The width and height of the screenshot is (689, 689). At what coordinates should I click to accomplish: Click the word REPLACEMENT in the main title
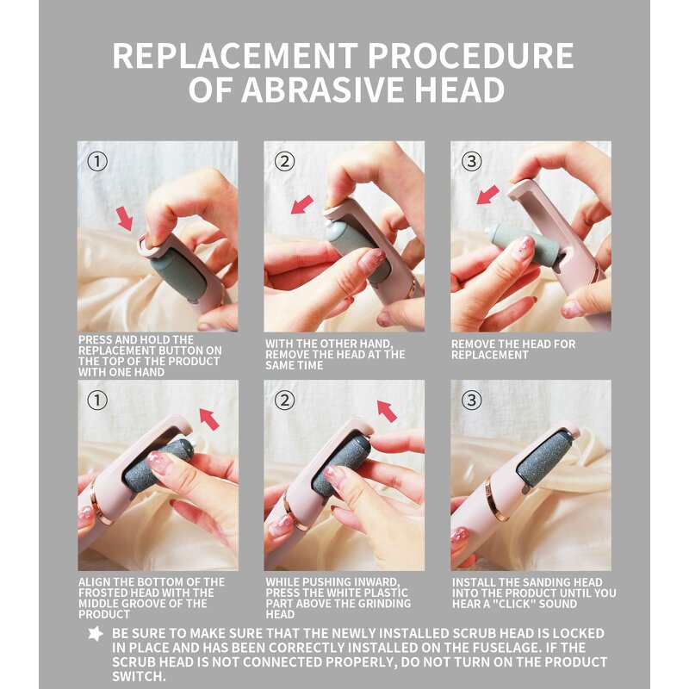pos(235,56)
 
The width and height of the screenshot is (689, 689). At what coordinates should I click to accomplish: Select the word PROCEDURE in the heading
pos(470,56)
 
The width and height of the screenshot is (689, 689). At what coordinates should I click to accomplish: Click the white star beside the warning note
pos(96,634)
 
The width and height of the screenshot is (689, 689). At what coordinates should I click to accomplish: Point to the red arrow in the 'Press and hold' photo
pos(125,219)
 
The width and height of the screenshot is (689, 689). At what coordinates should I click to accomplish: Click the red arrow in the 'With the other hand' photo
pos(302,205)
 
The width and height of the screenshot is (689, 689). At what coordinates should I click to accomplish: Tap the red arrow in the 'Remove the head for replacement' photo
pos(488,195)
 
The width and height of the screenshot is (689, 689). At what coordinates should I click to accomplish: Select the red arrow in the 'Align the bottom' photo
pos(209,419)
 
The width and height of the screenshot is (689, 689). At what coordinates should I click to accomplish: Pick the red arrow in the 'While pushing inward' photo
pos(387,412)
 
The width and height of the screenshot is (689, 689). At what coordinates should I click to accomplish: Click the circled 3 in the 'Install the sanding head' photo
pos(471,400)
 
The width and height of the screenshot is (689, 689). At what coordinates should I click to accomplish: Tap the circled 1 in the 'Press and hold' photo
pos(97,161)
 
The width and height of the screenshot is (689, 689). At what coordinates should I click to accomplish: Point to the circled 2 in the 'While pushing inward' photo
pos(284,400)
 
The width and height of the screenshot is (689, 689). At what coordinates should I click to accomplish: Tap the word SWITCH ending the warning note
pos(140,676)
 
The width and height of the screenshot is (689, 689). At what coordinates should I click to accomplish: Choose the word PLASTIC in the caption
pos(382,593)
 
